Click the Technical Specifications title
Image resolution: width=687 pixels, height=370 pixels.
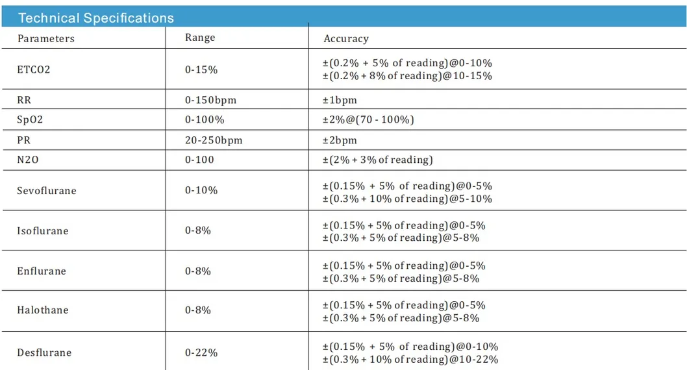coord(96,18)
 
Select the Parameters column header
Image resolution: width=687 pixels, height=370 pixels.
coord(46,39)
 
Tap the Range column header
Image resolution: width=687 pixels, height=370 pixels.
coord(200,38)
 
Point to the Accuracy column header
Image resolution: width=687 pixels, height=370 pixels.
coord(346,39)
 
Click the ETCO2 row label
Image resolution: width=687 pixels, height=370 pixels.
coord(34,69)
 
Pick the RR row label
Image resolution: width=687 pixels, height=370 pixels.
coord(24,101)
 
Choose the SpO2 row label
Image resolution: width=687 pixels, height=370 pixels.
coord(30,120)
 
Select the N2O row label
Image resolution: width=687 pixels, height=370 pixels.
coord(28,160)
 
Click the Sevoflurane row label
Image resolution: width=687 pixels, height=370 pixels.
coord(47,191)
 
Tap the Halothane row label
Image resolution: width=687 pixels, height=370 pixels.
coord(43,310)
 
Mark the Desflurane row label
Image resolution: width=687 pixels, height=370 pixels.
coord(44,352)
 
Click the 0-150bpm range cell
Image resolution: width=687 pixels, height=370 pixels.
coord(211,101)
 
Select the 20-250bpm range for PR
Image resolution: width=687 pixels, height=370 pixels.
coord(214,140)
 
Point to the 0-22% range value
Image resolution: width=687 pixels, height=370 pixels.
coord(201,352)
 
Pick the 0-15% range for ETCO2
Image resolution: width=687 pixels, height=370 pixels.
coord(201,69)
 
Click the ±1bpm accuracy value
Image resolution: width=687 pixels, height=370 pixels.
coord(340,101)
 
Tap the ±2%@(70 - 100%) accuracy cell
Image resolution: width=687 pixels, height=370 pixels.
coord(368,120)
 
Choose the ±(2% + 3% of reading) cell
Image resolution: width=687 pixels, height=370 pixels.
coord(378,160)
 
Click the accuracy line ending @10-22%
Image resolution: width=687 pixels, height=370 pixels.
coord(410,360)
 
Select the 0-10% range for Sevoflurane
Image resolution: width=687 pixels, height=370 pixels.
coord(201,191)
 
